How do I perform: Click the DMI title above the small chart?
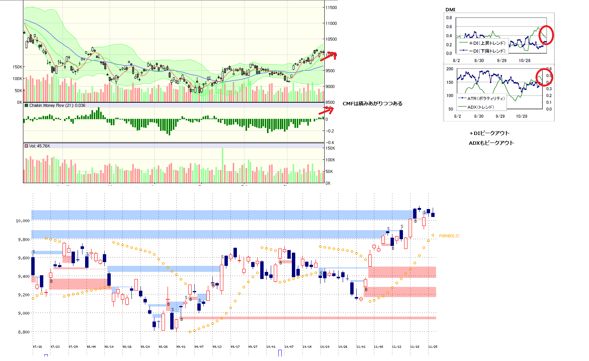(450, 10)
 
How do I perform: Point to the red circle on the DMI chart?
(546, 35)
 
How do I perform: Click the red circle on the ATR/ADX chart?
(544, 77)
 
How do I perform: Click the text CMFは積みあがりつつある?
(372, 103)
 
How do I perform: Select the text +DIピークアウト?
(489, 133)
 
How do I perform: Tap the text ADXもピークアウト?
(491, 143)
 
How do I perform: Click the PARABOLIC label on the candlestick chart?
(449, 236)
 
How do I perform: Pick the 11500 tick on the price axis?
(331, 8)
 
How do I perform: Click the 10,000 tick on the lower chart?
(23, 221)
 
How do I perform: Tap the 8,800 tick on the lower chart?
(23, 332)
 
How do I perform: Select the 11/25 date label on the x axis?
(433, 347)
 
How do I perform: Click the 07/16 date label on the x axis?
(37, 347)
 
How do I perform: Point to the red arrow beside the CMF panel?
(326, 111)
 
